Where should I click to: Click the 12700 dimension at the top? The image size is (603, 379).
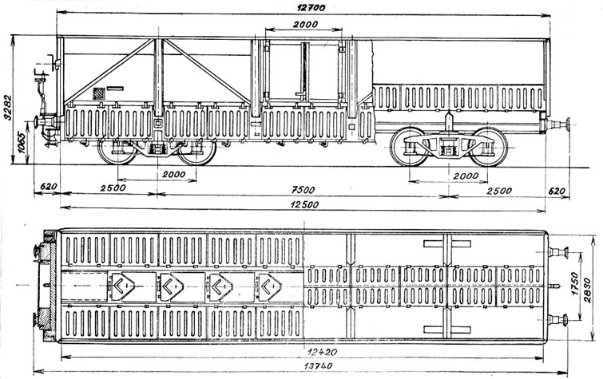(311, 8)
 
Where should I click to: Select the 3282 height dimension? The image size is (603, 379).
(8, 107)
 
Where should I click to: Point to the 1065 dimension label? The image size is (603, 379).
(23, 143)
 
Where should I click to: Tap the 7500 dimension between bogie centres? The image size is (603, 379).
(303, 190)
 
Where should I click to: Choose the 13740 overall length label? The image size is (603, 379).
(318, 366)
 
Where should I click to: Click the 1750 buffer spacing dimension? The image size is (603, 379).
(574, 284)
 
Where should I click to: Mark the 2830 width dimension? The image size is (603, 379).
(587, 290)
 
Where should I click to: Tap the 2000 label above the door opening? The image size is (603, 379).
(305, 24)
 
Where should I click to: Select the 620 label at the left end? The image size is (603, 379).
(49, 187)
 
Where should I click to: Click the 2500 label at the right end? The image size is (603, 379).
(499, 191)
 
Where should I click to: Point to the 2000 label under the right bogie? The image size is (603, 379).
(466, 176)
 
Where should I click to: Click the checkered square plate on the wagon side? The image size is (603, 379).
(99, 93)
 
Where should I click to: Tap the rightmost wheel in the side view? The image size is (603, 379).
(489, 148)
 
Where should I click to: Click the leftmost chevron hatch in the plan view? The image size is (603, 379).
(121, 285)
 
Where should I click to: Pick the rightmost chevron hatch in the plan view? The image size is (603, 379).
(270, 286)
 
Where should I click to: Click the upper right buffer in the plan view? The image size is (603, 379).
(558, 253)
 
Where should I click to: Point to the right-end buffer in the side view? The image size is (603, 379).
(556, 125)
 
